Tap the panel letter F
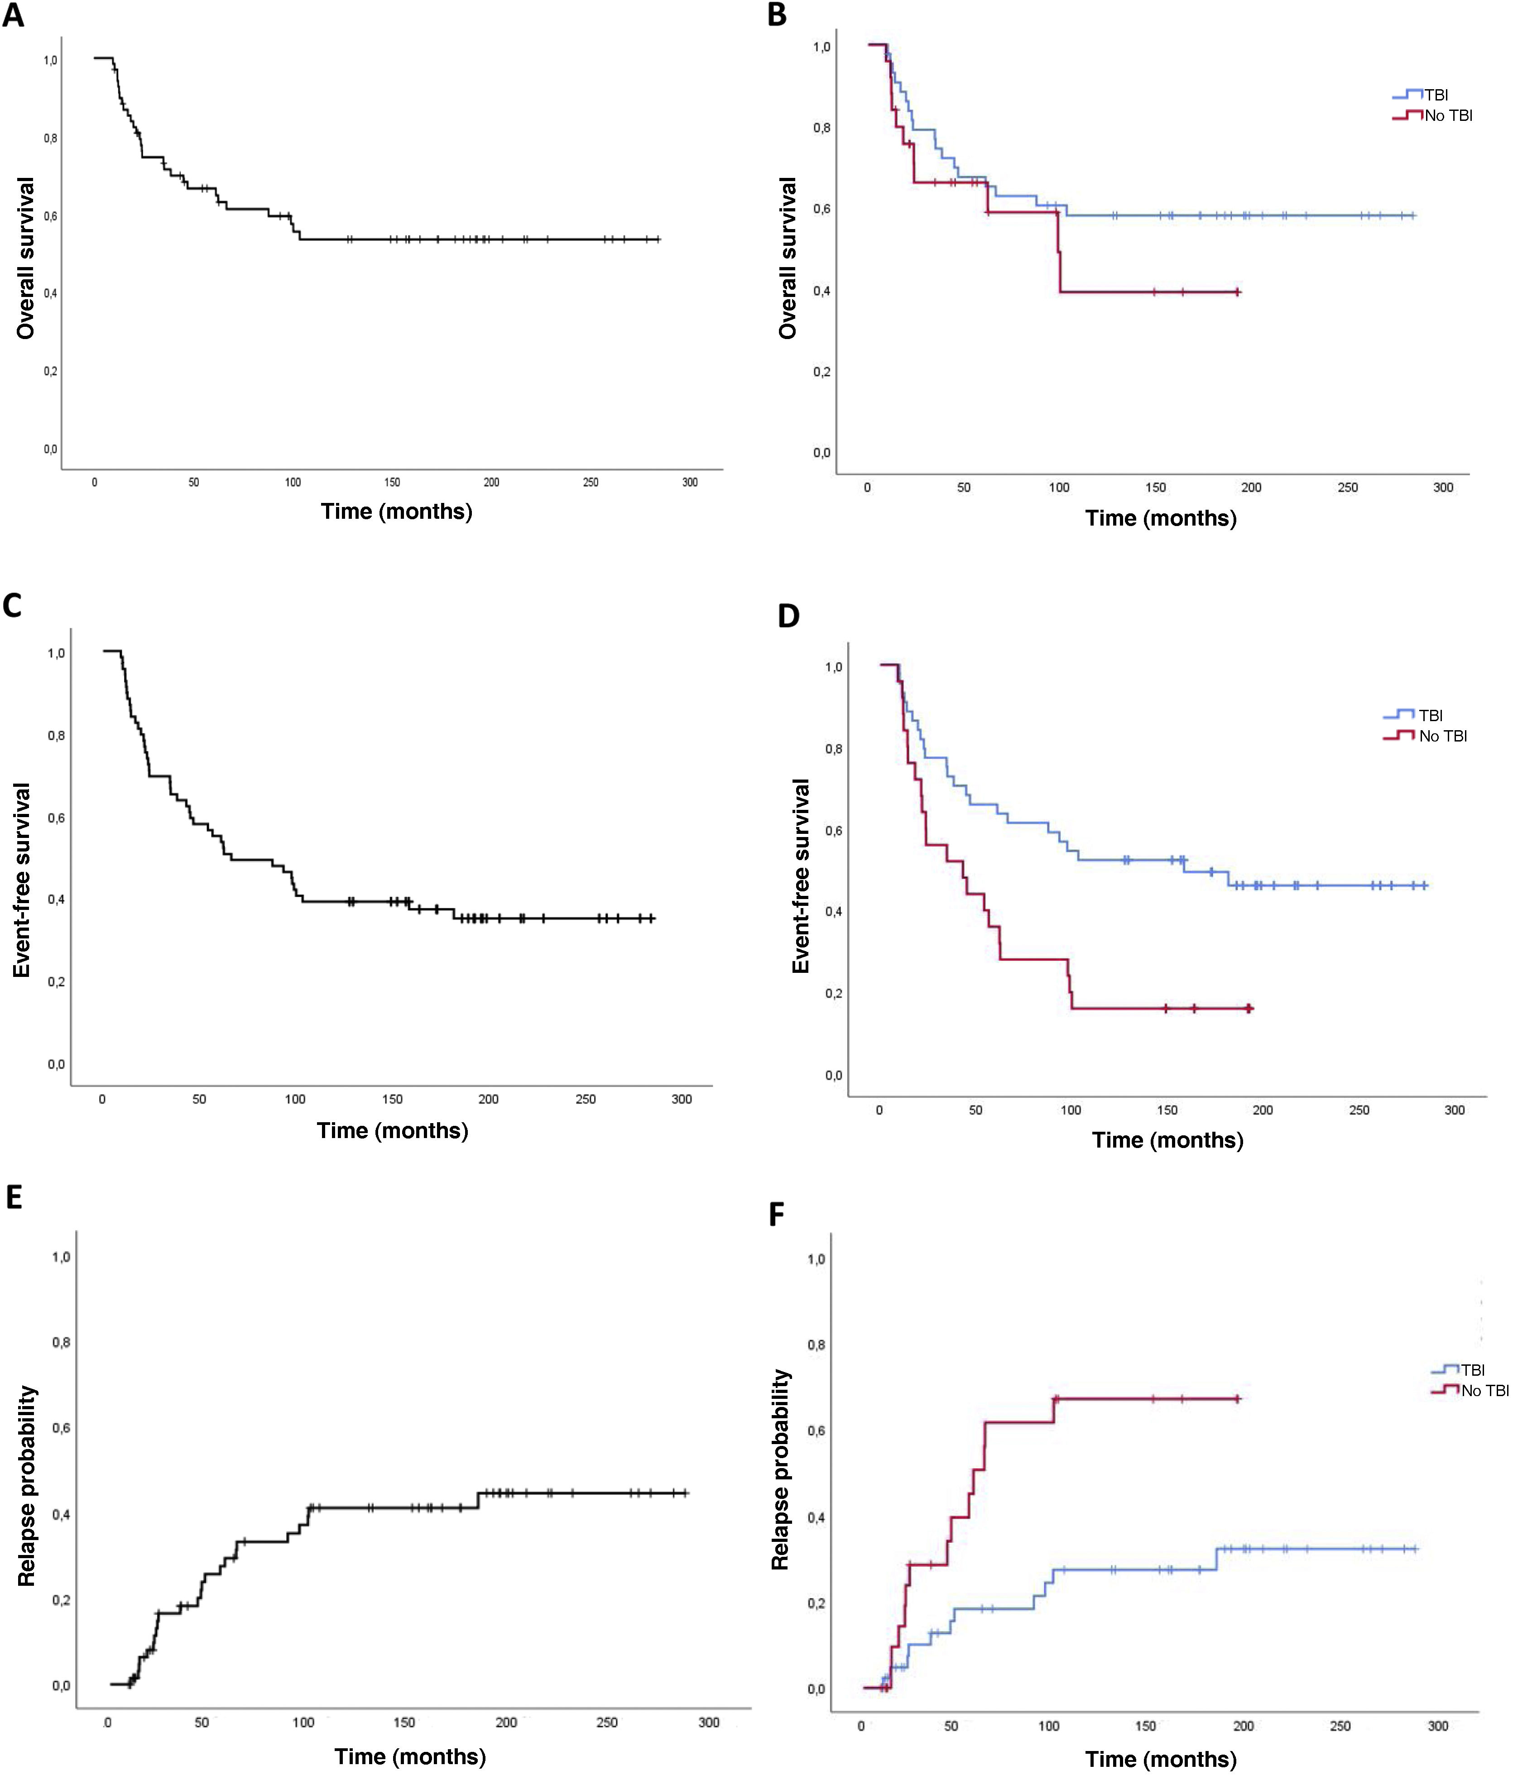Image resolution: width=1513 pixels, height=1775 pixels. (x=777, y=1214)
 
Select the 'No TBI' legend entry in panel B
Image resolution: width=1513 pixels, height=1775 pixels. (x=1448, y=115)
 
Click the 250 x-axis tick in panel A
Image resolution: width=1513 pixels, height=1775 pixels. (x=590, y=482)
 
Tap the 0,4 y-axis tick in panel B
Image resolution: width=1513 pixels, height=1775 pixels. (x=821, y=291)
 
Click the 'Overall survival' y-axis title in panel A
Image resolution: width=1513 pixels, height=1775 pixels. (x=26, y=258)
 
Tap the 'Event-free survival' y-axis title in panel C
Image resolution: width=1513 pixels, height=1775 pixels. (x=22, y=880)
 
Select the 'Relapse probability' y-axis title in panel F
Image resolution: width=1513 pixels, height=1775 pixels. (x=780, y=1469)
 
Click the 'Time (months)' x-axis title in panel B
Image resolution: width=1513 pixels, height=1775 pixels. (x=1160, y=518)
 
